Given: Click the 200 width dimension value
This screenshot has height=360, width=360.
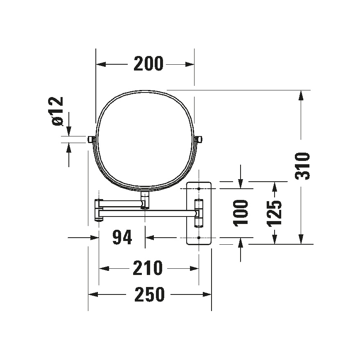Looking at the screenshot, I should [148, 64].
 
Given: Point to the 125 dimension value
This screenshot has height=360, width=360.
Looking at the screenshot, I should [274, 213].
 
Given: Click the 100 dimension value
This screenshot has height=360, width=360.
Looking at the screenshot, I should [241, 213].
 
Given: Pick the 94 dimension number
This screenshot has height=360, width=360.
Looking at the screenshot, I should [122, 238].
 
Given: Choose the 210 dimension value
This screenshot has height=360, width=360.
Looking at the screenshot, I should [148, 268].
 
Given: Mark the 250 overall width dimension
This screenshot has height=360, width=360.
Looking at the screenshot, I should [149, 295].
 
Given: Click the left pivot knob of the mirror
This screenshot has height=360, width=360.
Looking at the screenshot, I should [91, 139].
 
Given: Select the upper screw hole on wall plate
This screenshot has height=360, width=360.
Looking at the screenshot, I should [199, 189].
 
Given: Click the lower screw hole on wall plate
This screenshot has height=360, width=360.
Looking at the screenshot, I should [199, 238].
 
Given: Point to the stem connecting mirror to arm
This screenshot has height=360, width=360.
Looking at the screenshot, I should [145, 199].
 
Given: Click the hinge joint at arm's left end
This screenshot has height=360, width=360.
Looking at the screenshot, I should [99, 211].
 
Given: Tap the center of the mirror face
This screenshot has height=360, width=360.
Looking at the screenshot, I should [145, 141].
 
